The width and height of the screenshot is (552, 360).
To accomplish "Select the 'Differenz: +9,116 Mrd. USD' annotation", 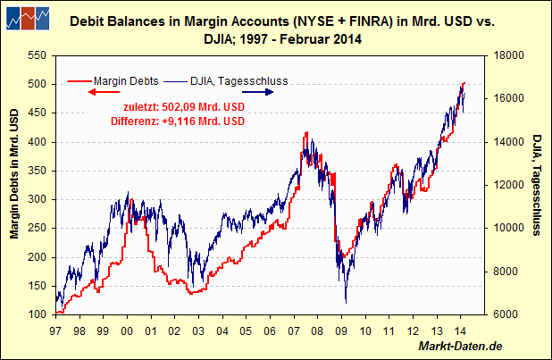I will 179,121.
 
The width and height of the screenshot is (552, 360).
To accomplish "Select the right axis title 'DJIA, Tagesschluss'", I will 538,184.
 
